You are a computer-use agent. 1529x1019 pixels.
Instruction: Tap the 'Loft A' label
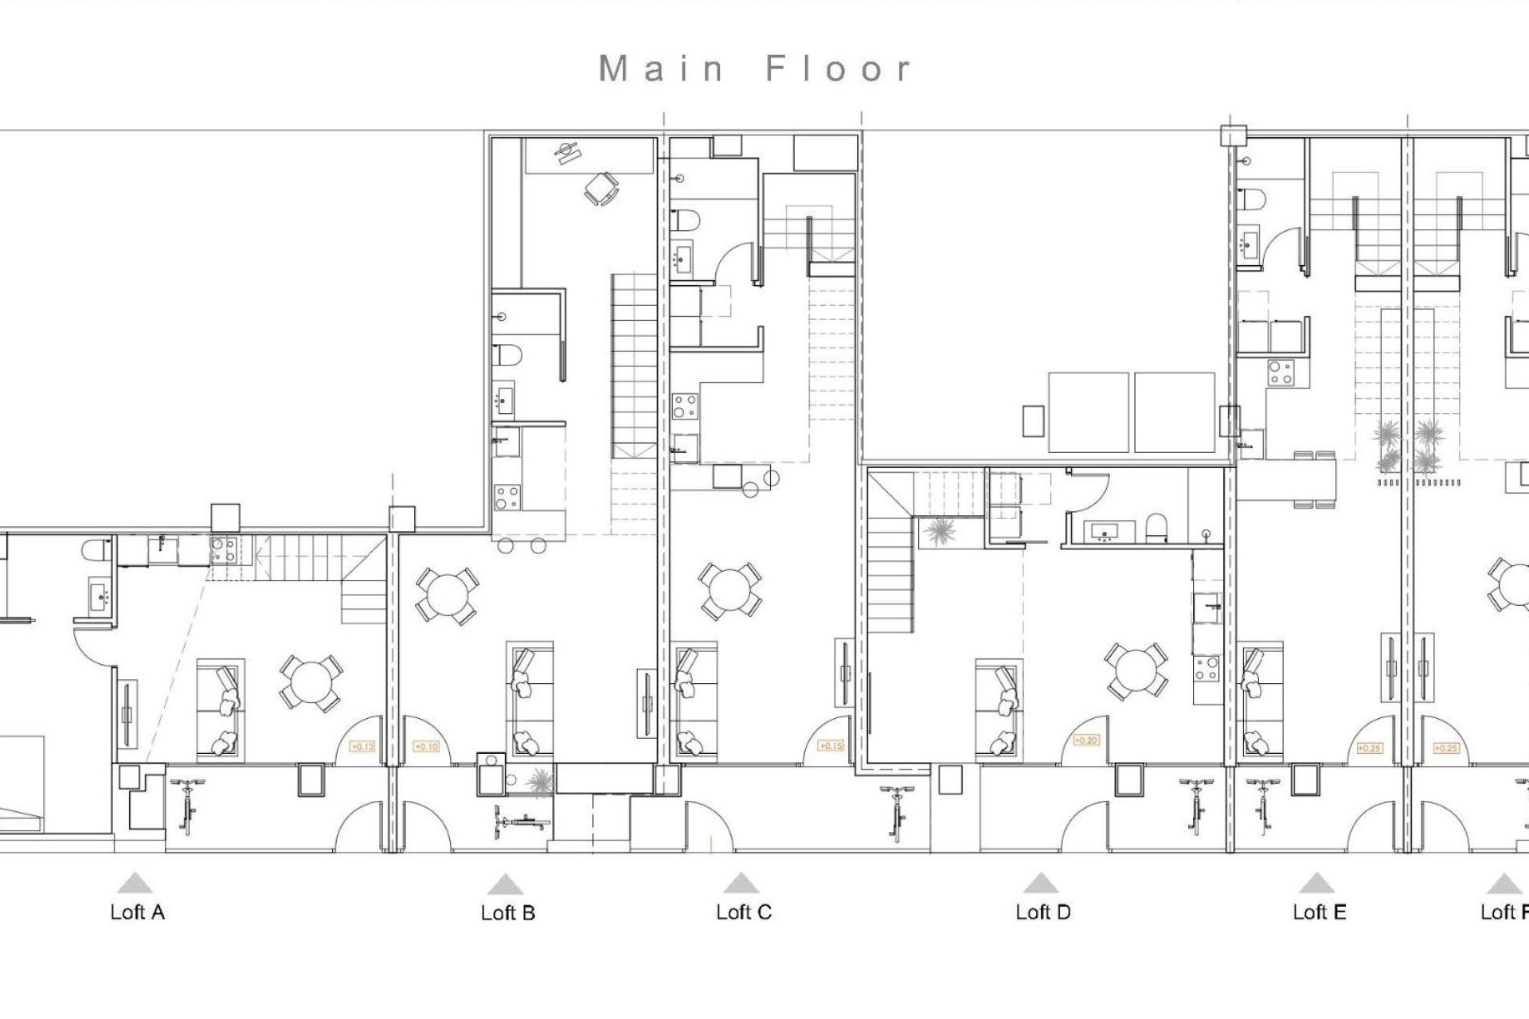[x=137, y=912]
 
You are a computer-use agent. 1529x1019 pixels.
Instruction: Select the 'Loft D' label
[x=1042, y=912]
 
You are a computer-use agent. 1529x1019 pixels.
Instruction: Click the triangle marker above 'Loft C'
[x=741, y=883]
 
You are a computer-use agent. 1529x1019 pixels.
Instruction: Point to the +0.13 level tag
[x=362, y=747]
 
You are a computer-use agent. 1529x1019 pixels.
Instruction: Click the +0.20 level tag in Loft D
[x=1085, y=740]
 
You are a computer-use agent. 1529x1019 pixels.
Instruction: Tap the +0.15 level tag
[x=831, y=746]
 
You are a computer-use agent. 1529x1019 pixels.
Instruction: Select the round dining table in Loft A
[x=311, y=682]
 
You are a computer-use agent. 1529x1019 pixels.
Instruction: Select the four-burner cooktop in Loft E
[x=1281, y=372]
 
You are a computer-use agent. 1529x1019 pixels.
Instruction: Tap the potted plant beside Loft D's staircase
[x=941, y=531]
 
